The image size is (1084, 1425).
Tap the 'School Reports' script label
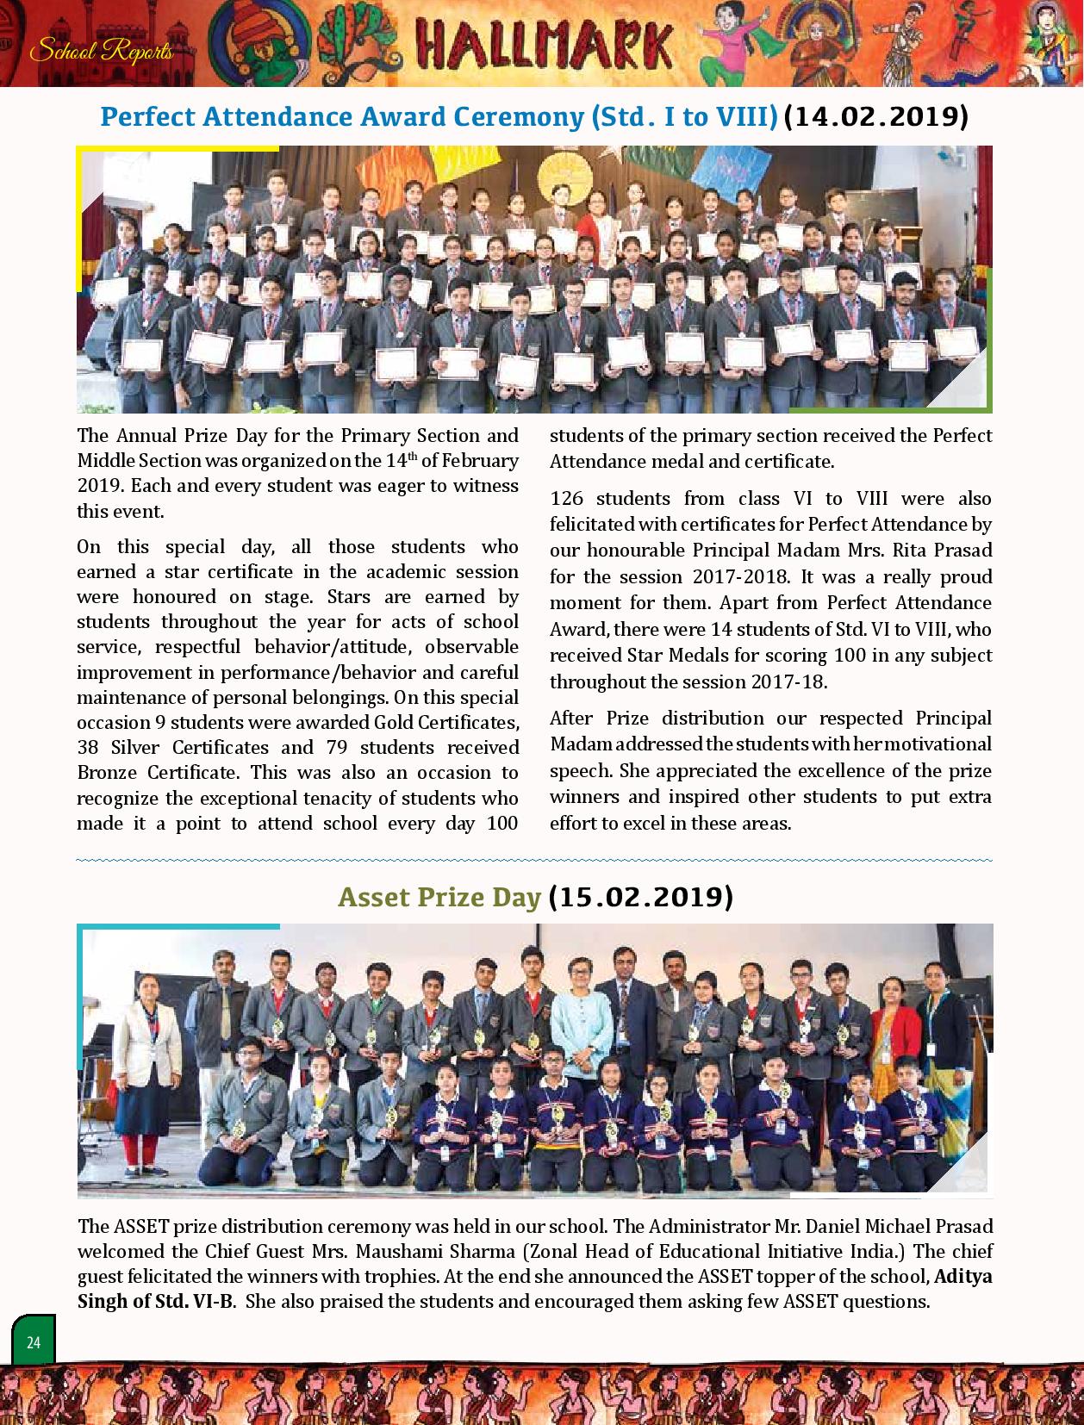pyautogui.click(x=102, y=52)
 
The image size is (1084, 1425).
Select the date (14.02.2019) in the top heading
pyautogui.click(x=875, y=116)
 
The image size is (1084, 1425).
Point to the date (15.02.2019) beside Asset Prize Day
pyautogui.click(x=639, y=897)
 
